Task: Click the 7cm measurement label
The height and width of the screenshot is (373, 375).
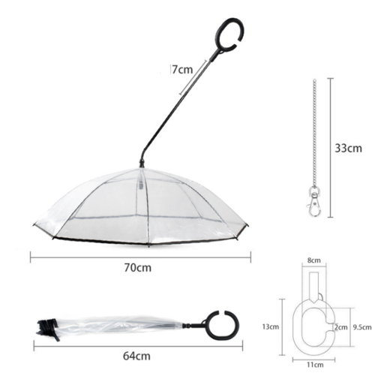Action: tap(181, 70)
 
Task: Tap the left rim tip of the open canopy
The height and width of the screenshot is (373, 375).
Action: tap(34, 224)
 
